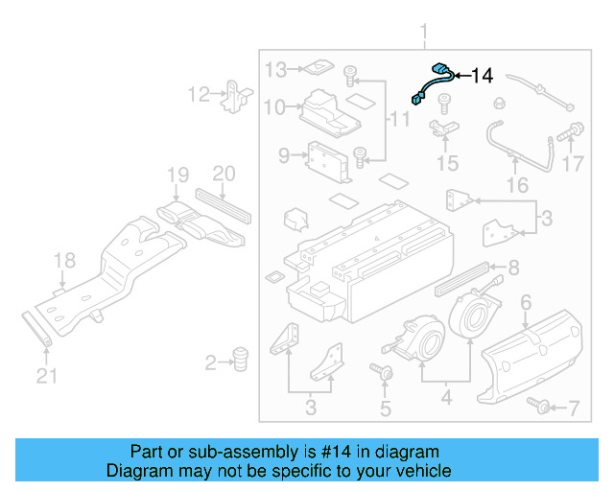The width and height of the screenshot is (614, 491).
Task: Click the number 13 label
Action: [x=275, y=69]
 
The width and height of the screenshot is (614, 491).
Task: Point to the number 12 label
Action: [x=199, y=94]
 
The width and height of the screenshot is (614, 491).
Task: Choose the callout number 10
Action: [x=274, y=106]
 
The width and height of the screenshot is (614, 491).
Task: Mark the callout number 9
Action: [x=284, y=154]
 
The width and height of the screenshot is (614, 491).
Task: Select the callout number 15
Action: [x=448, y=163]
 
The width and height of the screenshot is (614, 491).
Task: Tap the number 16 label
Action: [x=517, y=184]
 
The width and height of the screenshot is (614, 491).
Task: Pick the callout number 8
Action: [x=513, y=268]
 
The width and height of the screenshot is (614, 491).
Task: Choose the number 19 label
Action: [x=177, y=175]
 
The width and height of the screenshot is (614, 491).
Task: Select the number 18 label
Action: [x=63, y=260]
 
